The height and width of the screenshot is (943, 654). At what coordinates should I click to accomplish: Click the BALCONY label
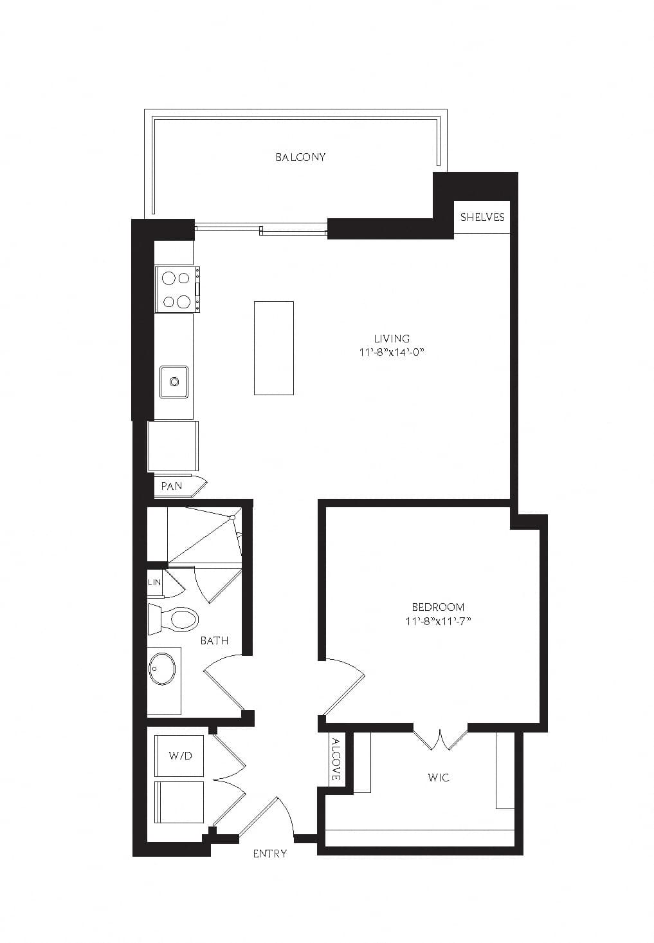click(x=300, y=157)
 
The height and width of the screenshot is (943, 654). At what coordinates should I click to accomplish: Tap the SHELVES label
click(x=482, y=217)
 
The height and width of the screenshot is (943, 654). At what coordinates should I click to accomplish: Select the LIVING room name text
click(x=392, y=338)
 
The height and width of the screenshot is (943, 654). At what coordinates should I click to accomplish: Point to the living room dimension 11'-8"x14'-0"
click(x=391, y=352)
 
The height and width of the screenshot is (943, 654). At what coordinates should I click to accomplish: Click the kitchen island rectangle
click(x=274, y=348)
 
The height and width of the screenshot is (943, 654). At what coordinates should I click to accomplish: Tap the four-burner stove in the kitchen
click(x=177, y=290)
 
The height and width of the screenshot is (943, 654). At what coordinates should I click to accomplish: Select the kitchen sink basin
click(x=174, y=382)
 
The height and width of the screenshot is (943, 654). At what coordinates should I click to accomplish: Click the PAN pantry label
click(x=172, y=486)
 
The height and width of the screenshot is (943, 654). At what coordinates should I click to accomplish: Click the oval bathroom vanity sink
click(x=162, y=668)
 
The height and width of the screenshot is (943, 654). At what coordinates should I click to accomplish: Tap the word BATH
click(x=215, y=640)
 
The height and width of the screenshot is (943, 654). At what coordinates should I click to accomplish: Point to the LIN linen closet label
click(x=154, y=583)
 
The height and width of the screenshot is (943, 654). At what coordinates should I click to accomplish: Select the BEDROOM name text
click(x=438, y=606)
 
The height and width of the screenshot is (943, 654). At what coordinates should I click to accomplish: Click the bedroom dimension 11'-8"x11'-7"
click(x=437, y=621)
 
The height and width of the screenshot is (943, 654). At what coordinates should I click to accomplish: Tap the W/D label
click(x=181, y=756)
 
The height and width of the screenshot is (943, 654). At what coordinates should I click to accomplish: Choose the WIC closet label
click(x=438, y=777)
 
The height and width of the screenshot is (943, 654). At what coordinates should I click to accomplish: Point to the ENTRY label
click(x=270, y=854)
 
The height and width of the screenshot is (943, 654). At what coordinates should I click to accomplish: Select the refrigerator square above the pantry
click(x=173, y=446)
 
